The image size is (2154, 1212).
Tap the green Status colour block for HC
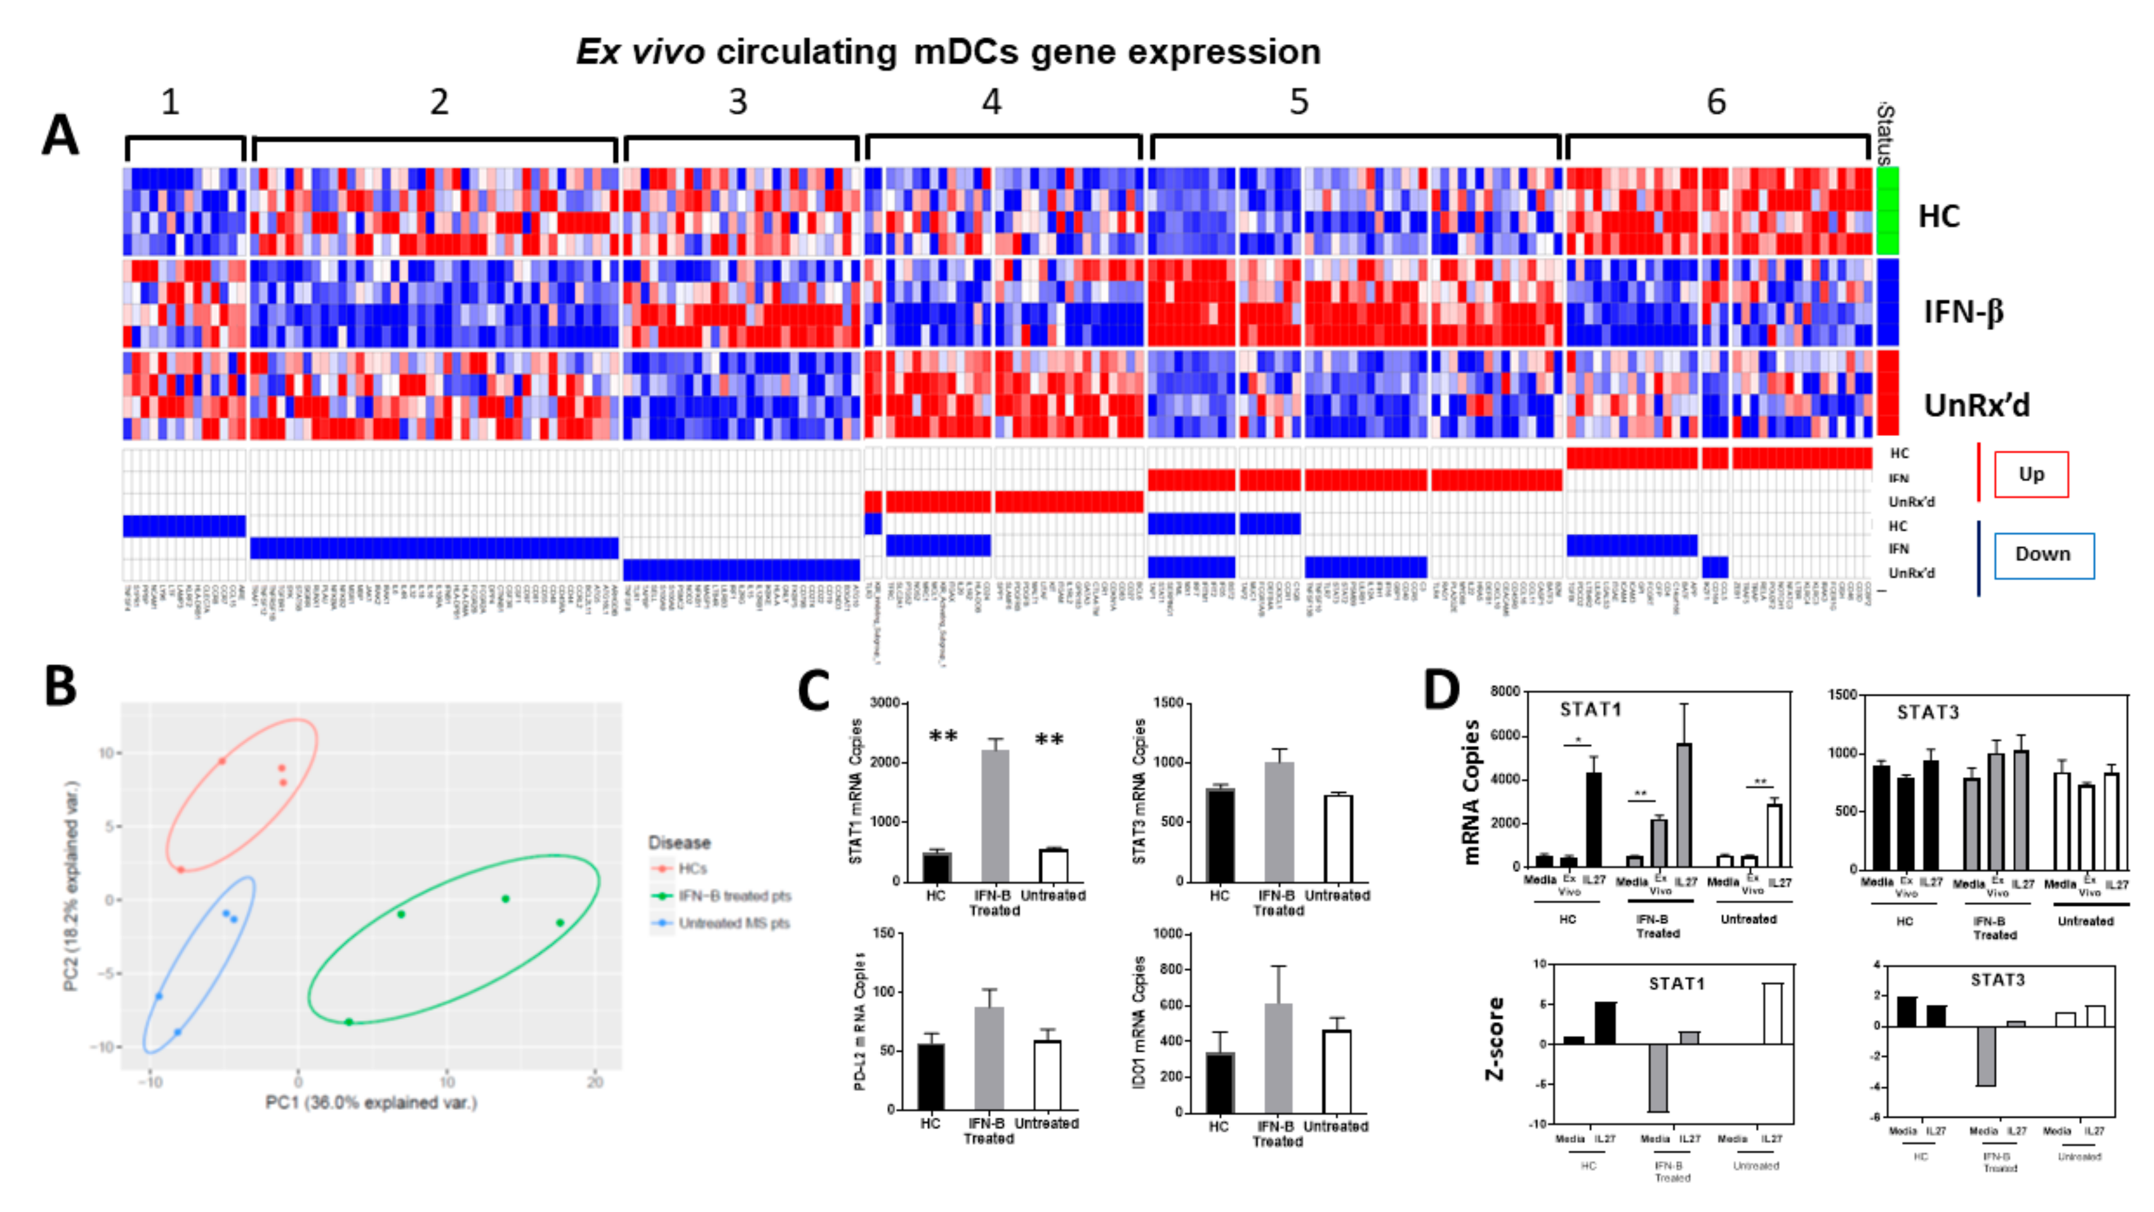pyautogui.click(x=1887, y=211)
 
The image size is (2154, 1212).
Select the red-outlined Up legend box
pyautogui.click(x=2031, y=474)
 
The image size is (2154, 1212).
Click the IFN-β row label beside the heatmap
pyautogui.click(x=1963, y=312)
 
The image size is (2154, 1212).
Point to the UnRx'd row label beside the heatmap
pyautogui.click(x=1976, y=405)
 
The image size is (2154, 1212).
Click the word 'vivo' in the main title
pyautogui.click(x=668, y=52)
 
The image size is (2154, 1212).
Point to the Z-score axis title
pyautogui.click(x=1494, y=1038)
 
